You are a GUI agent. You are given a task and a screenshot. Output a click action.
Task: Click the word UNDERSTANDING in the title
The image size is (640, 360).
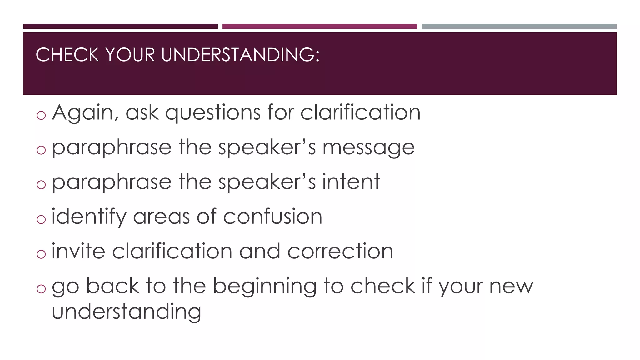[240, 55]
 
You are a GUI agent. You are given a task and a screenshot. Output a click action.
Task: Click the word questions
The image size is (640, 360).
[212, 113]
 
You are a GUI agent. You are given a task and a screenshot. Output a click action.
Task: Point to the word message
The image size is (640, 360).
[368, 148]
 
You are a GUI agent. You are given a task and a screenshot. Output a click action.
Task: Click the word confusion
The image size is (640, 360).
[272, 217]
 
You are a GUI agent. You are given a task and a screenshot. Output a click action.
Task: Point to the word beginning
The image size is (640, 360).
[265, 287]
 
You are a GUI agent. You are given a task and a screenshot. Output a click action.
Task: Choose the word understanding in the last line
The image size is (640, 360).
[126, 312]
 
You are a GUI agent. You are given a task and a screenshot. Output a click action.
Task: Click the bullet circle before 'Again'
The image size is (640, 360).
[41, 115]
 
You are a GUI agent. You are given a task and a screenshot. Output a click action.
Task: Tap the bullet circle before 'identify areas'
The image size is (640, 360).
[41, 219]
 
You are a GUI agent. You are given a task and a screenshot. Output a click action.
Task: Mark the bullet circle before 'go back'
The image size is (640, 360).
[41, 289]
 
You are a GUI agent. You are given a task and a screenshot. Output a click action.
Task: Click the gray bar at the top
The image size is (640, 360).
[519, 27]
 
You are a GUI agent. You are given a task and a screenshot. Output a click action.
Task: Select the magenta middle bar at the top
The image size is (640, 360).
[319, 27]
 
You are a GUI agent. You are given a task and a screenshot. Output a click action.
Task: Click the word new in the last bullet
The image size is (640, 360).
[511, 286]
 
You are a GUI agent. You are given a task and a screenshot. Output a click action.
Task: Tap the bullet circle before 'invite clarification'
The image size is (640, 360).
[41, 254]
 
